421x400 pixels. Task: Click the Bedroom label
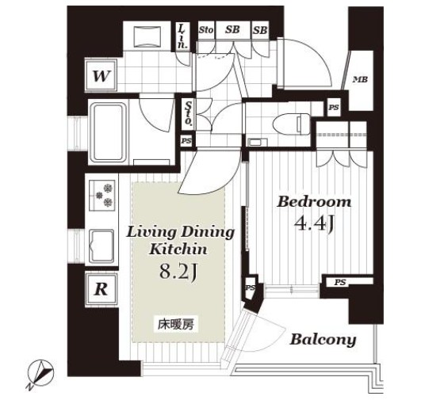[x=314, y=202]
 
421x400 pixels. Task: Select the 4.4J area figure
[x=314, y=223]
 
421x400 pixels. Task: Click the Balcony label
[x=323, y=340]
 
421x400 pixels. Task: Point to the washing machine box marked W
[x=101, y=76]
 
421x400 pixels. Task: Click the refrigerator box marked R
[x=101, y=289]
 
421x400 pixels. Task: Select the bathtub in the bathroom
[x=109, y=131]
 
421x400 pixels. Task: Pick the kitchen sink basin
[x=101, y=246]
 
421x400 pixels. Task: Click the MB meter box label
[x=360, y=79]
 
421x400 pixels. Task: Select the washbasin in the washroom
[x=147, y=37]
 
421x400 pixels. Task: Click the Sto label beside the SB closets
[x=206, y=30]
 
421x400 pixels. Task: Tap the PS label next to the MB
[x=334, y=108]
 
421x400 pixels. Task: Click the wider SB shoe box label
[x=232, y=29]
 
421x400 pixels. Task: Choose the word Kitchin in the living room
[x=178, y=250]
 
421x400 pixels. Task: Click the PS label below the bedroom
[x=339, y=282]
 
